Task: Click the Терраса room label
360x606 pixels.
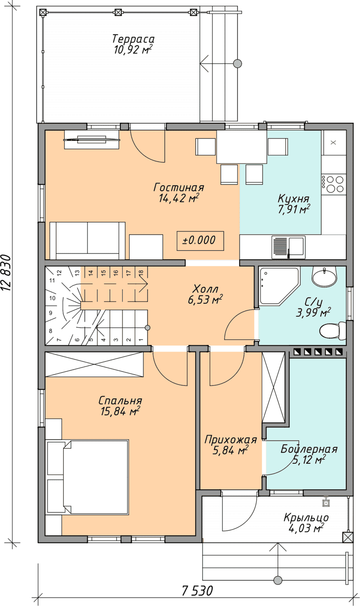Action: (133, 39)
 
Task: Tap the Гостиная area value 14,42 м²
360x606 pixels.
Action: (179, 198)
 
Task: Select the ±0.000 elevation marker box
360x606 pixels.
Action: (200, 240)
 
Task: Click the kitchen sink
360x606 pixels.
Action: (288, 246)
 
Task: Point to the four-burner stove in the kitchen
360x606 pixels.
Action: (334, 184)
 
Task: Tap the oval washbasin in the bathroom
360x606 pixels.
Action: (324, 276)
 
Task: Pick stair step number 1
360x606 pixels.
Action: (141, 339)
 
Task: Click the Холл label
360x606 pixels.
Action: (205, 289)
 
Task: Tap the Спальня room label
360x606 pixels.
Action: (120, 400)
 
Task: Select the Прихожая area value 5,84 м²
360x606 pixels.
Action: (230, 451)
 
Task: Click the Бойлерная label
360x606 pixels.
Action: (309, 449)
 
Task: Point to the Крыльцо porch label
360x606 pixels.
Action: (306, 518)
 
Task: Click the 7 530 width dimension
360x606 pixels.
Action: (198, 591)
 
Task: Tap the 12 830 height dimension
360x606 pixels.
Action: (6, 273)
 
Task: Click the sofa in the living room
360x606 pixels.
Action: (88, 240)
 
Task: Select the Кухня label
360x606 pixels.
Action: (293, 199)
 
